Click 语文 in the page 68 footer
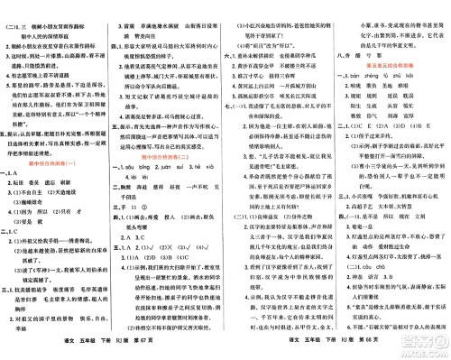(288, 351)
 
